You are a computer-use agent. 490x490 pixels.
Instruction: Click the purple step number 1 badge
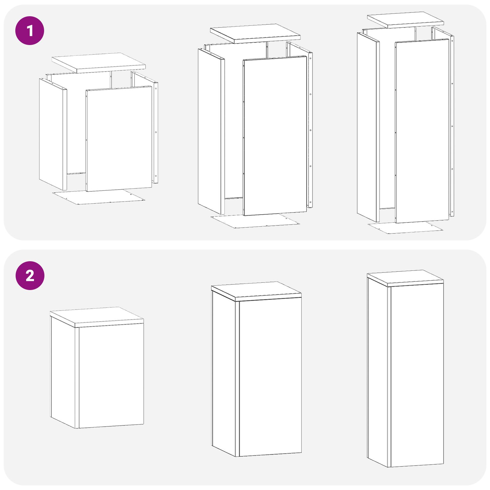[30, 31]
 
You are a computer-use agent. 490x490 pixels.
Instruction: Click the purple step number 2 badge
[30, 276]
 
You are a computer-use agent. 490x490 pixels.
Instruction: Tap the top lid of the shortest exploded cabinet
[99, 63]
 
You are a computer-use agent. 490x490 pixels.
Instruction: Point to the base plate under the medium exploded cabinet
[255, 221]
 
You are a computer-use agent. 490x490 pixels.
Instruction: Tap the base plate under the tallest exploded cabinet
[405, 228]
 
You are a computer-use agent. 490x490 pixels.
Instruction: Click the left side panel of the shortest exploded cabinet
[53, 134]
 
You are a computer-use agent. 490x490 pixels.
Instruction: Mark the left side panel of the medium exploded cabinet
[211, 131]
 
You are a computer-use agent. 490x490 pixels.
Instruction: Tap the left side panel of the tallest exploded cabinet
[368, 127]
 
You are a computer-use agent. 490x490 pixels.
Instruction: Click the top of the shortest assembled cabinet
[97, 317]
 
